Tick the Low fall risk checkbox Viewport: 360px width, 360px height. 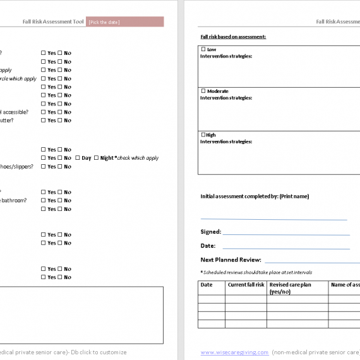[203, 49]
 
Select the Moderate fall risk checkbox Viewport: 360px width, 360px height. [203, 92]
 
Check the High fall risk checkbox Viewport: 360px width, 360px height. [203, 135]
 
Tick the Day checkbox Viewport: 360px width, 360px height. [78, 158]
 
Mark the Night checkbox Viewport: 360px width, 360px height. [97, 158]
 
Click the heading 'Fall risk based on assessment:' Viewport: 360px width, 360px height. [233, 37]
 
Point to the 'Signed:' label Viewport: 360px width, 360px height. [211, 232]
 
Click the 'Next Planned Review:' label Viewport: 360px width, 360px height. [231, 260]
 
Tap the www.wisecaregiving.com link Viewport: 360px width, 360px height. [234, 352]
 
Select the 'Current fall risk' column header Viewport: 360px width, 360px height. [246, 285]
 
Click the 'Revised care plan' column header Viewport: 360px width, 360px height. [290, 285]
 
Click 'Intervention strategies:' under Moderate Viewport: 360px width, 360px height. [226, 98]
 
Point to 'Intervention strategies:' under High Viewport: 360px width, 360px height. [226, 141]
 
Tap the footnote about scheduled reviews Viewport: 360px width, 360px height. [256, 272]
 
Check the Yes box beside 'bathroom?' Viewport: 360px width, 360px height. [44, 201]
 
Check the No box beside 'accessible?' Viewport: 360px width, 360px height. [60, 112]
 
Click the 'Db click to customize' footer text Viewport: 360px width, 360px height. [99, 352]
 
